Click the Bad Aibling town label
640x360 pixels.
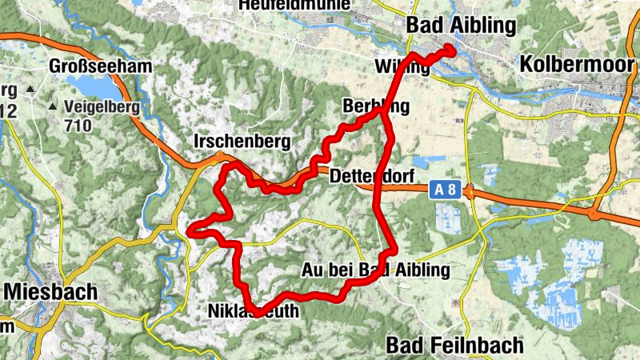tap(461, 26)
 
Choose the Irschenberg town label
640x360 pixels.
tap(241, 142)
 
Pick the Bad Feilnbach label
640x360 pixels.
tap(454, 346)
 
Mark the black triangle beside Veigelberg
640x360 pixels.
tap(54, 106)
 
